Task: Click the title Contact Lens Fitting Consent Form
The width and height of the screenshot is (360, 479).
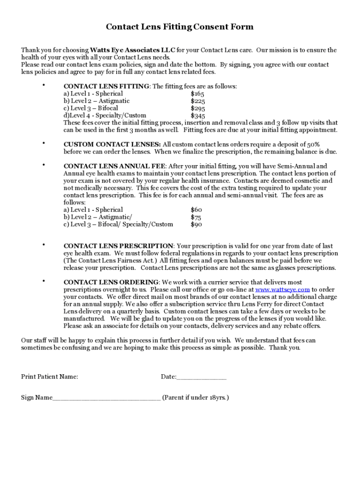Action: (x=180, y=27)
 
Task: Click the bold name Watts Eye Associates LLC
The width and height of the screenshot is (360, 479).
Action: (x=132, y=50)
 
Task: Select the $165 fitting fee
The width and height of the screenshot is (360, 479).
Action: (x=197, y=94)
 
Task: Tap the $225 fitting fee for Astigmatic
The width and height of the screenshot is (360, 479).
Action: (x=198, y=101)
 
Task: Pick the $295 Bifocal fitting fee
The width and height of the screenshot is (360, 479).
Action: (x=198, y=108)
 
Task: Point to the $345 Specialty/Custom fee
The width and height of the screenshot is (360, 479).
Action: (x=198, y=116)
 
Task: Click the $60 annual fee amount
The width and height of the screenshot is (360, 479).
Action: (x=196, y=210)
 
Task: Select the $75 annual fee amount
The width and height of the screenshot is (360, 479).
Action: (x=196, y=218)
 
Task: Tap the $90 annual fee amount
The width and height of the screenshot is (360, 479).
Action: (x=196, y=225)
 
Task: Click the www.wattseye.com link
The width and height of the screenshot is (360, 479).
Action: (x=282, y=290)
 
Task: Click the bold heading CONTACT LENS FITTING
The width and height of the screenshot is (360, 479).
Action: (x=106, y=87)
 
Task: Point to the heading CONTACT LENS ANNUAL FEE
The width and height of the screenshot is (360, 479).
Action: (x=115, y=166)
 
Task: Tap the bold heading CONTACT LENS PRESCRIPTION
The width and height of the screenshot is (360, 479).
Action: (x=118, y=246)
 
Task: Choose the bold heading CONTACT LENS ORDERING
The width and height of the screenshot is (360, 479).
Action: (x=111, y=283)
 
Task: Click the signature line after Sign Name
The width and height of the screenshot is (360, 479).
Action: (x=107, y=399)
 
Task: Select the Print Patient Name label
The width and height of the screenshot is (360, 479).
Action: (x=50, y=377)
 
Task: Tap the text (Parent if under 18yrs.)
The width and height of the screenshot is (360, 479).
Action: (x=195, y=398)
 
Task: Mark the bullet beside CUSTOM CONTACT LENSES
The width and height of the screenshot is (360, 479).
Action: (x=43, y=143)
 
